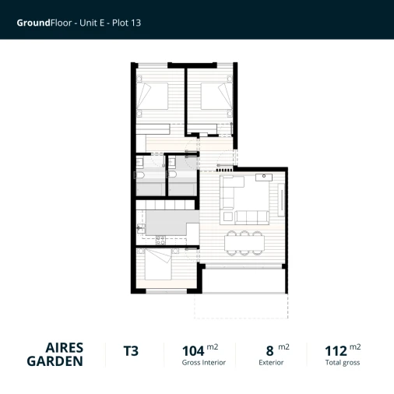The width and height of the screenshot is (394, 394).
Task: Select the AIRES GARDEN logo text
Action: (55, 354)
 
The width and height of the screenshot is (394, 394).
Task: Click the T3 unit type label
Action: (131, 351)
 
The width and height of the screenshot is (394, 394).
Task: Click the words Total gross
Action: (343, 363)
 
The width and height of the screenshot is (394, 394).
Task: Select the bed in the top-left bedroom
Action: (155, 97)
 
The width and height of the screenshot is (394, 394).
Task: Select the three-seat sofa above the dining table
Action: (251, 217)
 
